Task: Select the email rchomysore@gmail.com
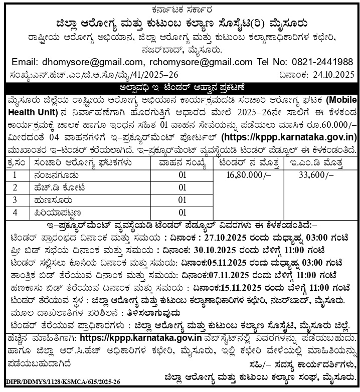point(193,62)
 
